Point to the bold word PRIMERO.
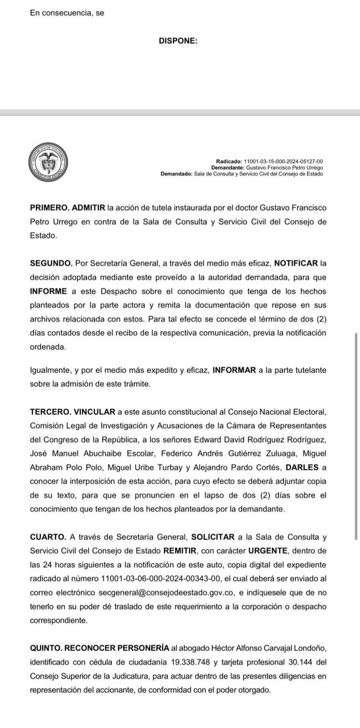coord(49,207)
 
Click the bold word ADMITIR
coord(89,207)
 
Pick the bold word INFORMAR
coord(235,370)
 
